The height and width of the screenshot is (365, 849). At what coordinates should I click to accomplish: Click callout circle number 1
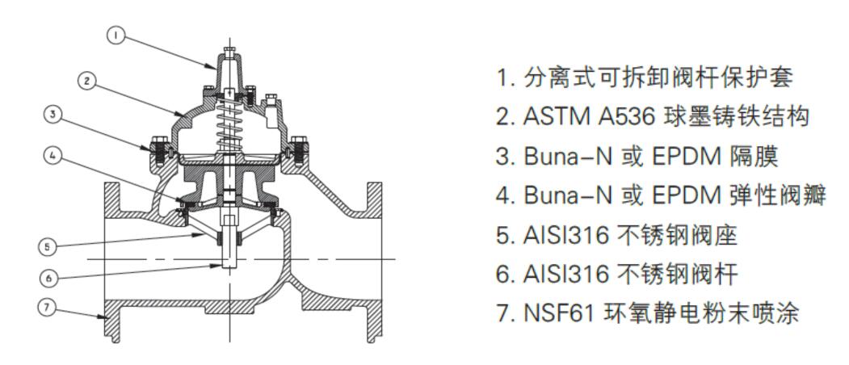pyautogui.click(x=116, y=36)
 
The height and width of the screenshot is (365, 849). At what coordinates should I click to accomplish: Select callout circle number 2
pyautogui.click(x=86, y=82)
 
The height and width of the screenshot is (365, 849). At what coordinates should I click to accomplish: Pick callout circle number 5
pyautogui.click(x=47, y=246)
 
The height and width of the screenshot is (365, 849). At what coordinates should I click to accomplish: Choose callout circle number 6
pyautogui.click(x=48, y=279)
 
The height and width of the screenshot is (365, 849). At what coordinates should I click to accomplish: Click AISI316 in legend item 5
pyautogui.click(x=566, y=236)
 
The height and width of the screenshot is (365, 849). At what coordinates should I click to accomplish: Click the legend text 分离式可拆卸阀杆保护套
pyautogui.click(x=658, y=78)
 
